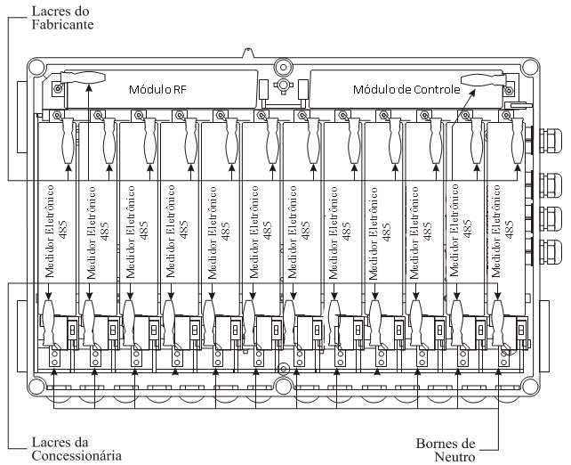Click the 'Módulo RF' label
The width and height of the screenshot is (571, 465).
pyautogui.click(x=157, y=89)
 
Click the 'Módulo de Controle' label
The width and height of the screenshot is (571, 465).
pyautogui.click(x=406, y=89)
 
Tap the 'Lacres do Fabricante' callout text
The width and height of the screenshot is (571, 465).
pyautogui.click(x=62, y=18)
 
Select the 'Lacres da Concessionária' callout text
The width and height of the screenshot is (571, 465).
pyautogui.click(x=76, y=449)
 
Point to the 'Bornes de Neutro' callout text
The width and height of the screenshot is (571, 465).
pyautogui.click(x=446, y=450)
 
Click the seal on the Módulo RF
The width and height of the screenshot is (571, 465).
pyautogui.click(x=83, y=78)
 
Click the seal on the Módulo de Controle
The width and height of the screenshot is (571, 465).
pyautogui.click(x=483, y=80)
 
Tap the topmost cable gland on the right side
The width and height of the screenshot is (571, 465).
pyautogui.click(x=550, y=140)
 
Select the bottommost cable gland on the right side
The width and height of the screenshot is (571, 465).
pyautogui.click(x=550, y=251)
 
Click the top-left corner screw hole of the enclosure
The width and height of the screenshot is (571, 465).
pyautogui.click(x=36, y=67)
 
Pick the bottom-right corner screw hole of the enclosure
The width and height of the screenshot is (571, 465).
pyautogui.click(x=529, y=387)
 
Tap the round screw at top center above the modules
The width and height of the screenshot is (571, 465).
pyautogui.click(x=283, y=67)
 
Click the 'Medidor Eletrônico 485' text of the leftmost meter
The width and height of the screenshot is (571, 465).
pyautogui.click(x=55, y=232)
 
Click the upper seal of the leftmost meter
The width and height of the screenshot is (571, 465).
pyautogui.click(x=68, y=141)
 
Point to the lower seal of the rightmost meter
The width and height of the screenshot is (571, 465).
pyautogui.click(x=498, y=322)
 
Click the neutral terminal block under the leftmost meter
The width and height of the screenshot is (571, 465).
pyautogui.click(x=54, y=358)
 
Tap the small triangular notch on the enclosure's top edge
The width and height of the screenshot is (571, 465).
pyautogui.click(x=248, y=53)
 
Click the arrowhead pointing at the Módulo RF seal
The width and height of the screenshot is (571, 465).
pyautogui.click(x=88, y=87)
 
